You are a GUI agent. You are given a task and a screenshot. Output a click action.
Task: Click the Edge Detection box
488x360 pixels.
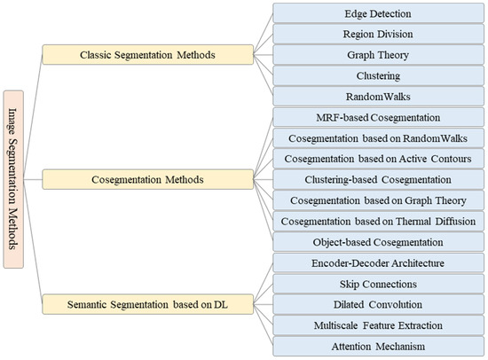click(x=377, y=14)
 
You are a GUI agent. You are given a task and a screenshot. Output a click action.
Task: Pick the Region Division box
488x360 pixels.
click(x=377, y=35)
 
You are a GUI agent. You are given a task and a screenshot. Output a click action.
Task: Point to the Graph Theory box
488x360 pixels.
click(x=377, y=55)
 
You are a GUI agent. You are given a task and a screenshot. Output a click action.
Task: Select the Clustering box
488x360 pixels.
click(x=377, y=75)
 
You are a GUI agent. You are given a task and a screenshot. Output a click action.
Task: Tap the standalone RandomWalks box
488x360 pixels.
click(x=377, y=96)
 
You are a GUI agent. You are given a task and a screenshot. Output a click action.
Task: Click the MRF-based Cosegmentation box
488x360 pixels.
click(x=377, y=116)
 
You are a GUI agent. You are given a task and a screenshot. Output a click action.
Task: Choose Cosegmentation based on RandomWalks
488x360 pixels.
click(x=377, y=137)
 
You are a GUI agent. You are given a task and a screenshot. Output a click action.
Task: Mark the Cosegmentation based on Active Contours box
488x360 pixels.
click(x=377, y=158)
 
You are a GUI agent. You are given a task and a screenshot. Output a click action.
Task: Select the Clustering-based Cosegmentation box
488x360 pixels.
click(x=377, y=178)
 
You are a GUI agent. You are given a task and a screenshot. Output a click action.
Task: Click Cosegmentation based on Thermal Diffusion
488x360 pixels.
click(x=377, y=220)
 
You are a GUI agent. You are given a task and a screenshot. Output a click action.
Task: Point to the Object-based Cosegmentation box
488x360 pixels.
click(x=377, y=241)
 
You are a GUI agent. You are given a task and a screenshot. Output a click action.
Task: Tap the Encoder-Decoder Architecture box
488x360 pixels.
click(x=377, y=262)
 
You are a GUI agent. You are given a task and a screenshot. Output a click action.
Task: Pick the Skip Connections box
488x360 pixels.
click(x=377, y=283)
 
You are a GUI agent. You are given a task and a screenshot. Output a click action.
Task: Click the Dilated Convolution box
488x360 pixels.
click(x=377, y=303)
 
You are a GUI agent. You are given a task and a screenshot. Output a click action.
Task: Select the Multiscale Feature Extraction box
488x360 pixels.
click(x=377, y=325)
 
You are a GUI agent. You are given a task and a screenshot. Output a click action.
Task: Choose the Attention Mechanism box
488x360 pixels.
click(x=377, y=345)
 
